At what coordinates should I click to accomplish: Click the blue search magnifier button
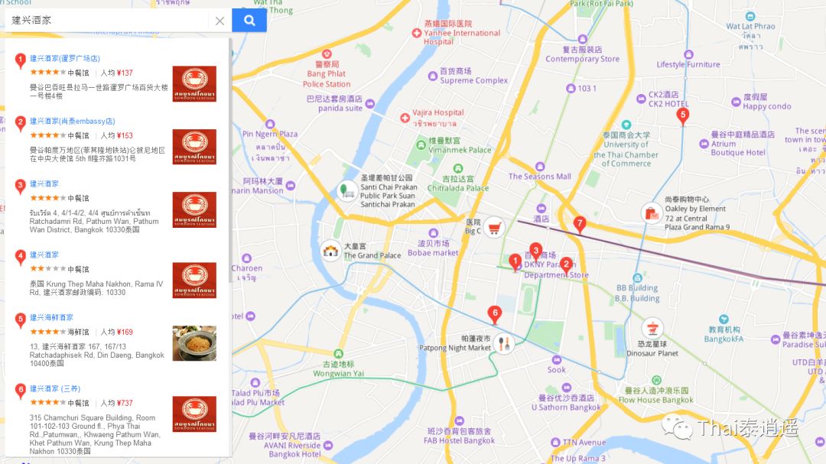[249, 21]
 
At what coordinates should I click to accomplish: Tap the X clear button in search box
[220, 21]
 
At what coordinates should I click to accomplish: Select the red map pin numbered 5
[683, 116]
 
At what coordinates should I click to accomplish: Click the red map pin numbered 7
[580, 224]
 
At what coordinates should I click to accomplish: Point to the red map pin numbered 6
[495, 313]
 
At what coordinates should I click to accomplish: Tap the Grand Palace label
[372, 255]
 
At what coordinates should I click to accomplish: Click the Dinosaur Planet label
[652, 353]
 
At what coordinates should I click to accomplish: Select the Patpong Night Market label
[455, 348]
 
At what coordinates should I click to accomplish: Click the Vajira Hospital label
[437, 113]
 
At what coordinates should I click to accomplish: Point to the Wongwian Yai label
[338, 374]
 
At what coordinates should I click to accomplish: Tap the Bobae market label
[432, 253]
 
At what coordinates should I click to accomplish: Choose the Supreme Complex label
[473, 80]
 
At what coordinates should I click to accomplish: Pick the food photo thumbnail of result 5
[194, 343]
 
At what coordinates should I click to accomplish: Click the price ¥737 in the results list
[125, 403]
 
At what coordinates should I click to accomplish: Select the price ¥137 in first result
[125, 73]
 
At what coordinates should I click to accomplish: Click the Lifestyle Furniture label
[688, 65]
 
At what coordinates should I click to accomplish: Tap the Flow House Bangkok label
[655, 400]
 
